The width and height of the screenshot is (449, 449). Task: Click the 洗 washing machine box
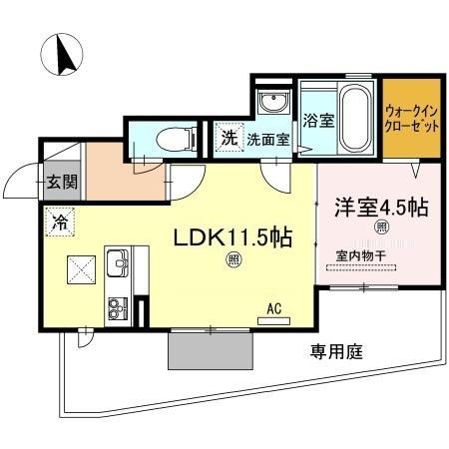coord(229,139)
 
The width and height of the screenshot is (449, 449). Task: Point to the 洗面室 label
coord(268,140)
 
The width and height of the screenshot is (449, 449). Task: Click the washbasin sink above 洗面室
coord(271,104)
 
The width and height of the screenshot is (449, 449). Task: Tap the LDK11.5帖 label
coord(233,239)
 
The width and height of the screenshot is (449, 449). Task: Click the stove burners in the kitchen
coord(117,305)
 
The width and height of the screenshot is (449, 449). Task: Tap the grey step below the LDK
coord(211,349)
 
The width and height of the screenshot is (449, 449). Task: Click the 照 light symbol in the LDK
coord(231,262)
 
